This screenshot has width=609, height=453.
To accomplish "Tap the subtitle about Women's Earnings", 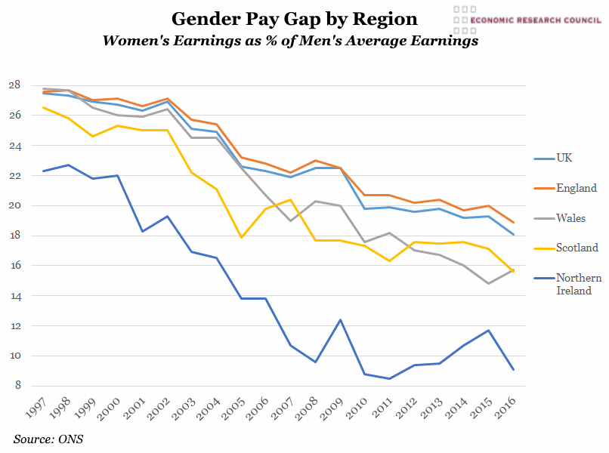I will [291, 42].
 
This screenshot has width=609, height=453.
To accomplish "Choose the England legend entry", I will [576, 188].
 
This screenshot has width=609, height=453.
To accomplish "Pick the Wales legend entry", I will [571, 218].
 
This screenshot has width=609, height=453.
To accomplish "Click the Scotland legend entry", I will [577, 248].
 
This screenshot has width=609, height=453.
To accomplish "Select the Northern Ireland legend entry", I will [578, 283].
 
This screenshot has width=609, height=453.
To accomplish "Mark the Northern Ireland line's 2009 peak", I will [340, 320].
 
